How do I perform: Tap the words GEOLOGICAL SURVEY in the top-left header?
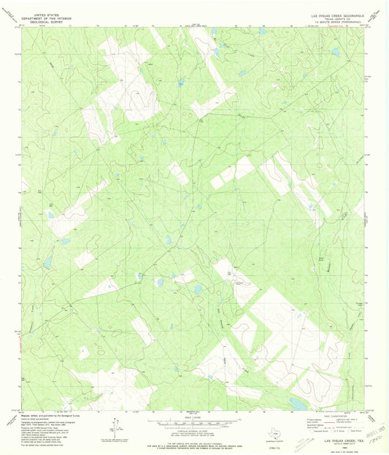[x=45, y=22]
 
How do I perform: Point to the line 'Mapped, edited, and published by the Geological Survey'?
[x=50, y=413]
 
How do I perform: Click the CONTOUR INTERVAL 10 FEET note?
[x=194, y=430]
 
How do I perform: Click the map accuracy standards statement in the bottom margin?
[x=194, y=440]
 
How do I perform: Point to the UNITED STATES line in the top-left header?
[x=45, y=14]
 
